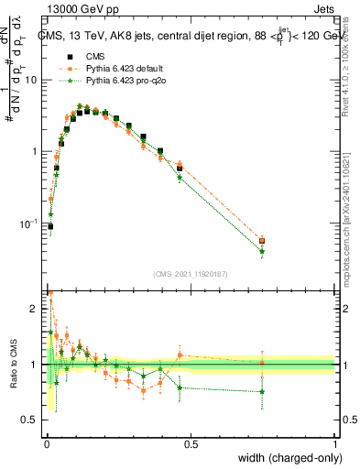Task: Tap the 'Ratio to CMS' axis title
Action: click(x=12, y=365)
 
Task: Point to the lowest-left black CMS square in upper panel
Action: click(x=50, y=226)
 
